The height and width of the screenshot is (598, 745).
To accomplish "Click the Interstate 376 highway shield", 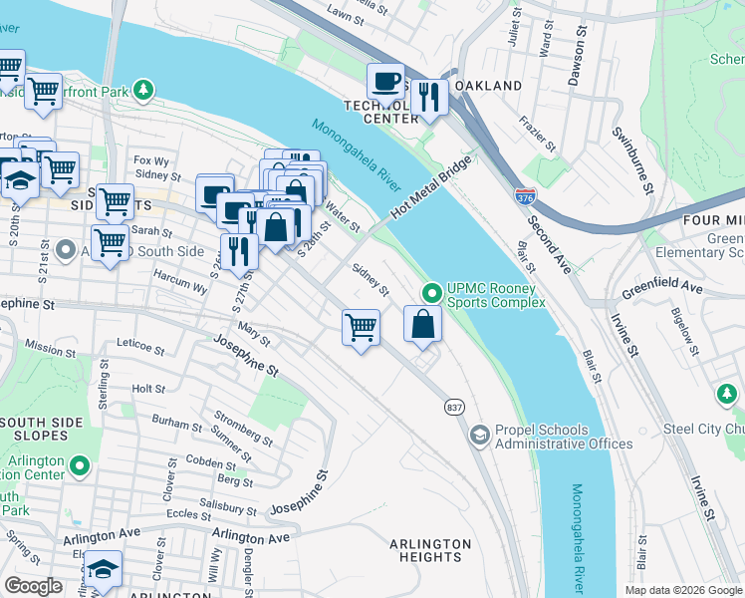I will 525,196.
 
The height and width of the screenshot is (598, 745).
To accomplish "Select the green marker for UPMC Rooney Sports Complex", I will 431,294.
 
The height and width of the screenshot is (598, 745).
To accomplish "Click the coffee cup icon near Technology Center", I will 385,81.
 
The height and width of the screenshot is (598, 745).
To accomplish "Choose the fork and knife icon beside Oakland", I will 429,97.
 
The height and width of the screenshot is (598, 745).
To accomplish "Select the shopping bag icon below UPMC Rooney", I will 422,323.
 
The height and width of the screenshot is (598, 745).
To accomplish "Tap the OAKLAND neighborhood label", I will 489,87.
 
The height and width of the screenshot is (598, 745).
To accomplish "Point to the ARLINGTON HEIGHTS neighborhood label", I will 430,550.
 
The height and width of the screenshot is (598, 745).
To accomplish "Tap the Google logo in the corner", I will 34,585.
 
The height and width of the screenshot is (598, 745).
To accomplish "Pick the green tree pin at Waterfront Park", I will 144,91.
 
